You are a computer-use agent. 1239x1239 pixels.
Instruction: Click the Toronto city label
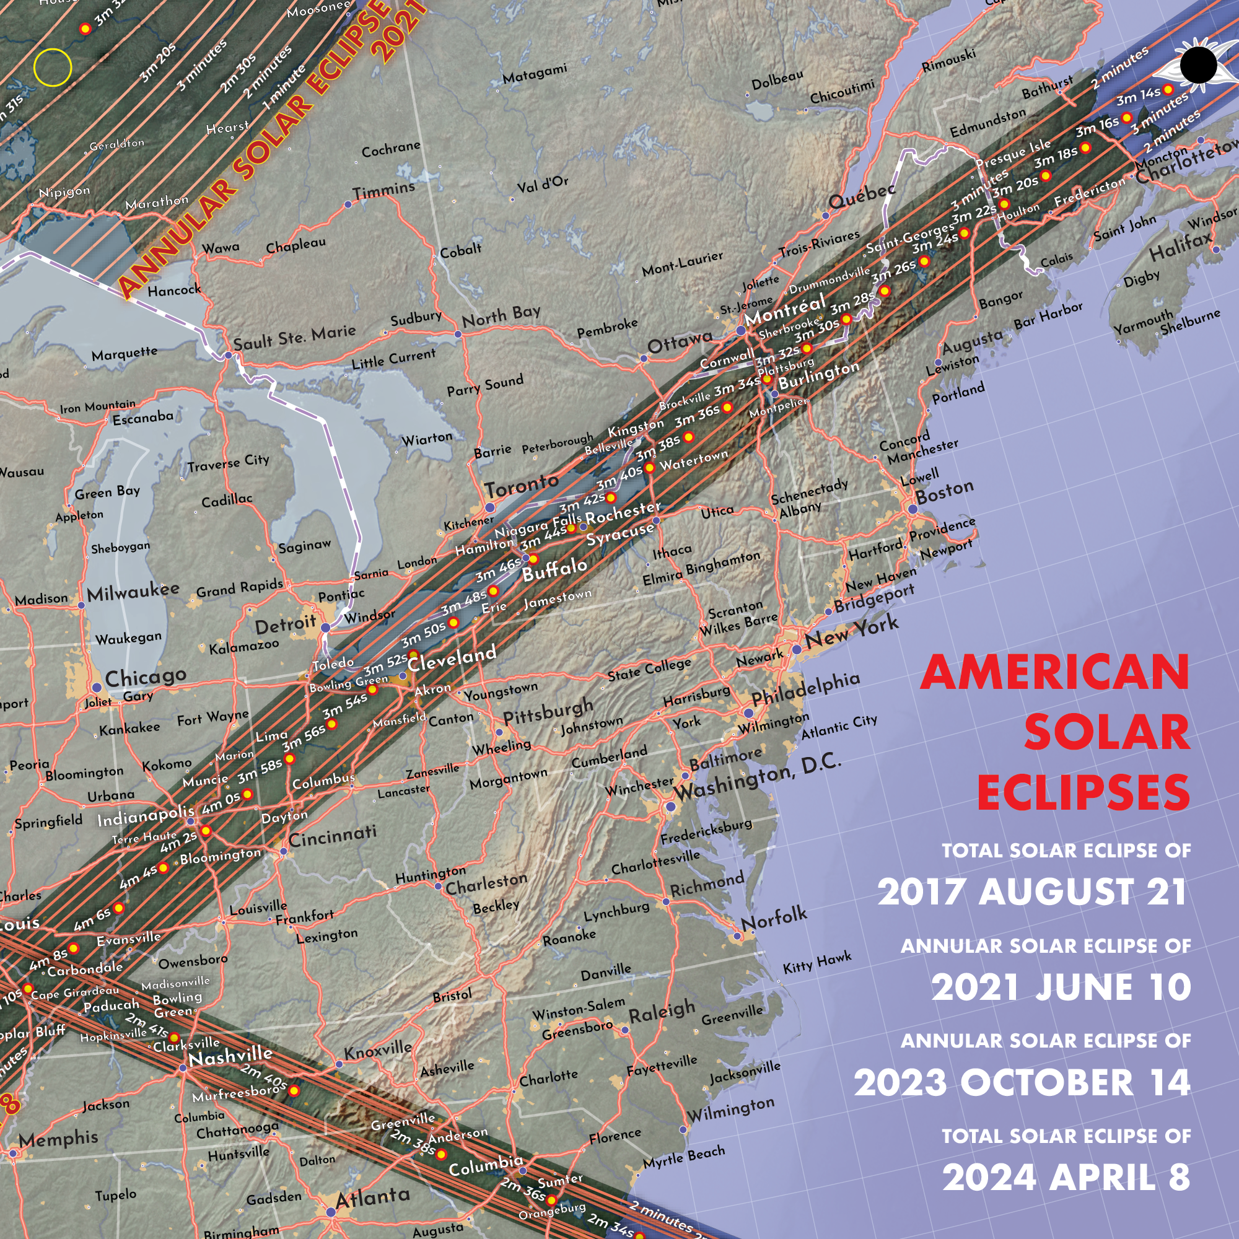click(x=522, y=486)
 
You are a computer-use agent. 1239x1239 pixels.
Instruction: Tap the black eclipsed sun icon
click(x=1197, y=65)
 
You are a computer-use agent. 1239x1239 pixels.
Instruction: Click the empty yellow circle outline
click(x=53, y=67)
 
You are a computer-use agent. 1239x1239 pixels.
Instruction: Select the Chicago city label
click(x=146, y=676)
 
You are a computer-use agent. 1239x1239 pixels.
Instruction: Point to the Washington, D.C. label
click(x=757, y=781)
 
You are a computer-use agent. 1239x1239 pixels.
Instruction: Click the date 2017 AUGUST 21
click(x=1032, y=892)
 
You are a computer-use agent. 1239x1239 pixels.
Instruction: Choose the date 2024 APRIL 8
click(x=1066, y=1178)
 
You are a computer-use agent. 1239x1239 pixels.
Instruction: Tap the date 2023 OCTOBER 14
click(x=1022, y=1082)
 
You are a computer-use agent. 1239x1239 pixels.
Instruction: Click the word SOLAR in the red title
click(x=1106, y=732)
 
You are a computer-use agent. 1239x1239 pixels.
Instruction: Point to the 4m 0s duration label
click(x=221, y=802)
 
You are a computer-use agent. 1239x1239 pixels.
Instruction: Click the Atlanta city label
click(x=372, y=1197)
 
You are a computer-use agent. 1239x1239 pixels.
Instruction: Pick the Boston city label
click(x=945, y=491)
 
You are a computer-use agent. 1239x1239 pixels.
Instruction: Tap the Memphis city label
click(x=58, y=1138)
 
